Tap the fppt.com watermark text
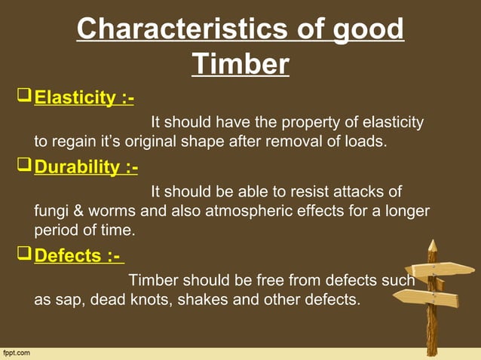pos(17,353)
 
